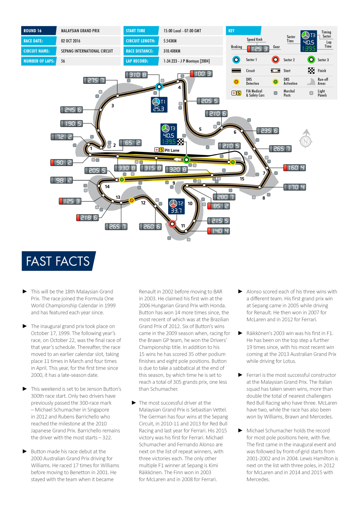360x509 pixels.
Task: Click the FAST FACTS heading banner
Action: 58,261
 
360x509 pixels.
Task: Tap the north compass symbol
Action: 305,139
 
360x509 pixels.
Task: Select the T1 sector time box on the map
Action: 159,105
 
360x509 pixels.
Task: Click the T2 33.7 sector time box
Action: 176,206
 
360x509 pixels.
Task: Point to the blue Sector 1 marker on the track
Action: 159,87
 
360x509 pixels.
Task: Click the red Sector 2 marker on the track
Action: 172,224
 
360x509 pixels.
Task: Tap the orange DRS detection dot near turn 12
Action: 131,200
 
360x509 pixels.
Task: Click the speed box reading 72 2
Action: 62,137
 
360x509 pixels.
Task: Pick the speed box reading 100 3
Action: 201,73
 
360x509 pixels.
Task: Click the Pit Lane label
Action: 172,150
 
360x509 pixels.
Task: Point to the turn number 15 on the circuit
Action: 242,179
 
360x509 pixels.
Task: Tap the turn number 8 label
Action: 264,198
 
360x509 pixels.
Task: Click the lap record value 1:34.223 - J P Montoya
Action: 186,61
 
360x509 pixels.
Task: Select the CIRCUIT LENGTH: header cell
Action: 141,41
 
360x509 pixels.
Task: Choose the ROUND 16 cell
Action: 38,31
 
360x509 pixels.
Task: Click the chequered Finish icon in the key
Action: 311,71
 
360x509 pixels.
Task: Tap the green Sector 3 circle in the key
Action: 311,60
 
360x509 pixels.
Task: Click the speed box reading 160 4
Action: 294,168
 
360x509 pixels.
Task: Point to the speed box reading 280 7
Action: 224,197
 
